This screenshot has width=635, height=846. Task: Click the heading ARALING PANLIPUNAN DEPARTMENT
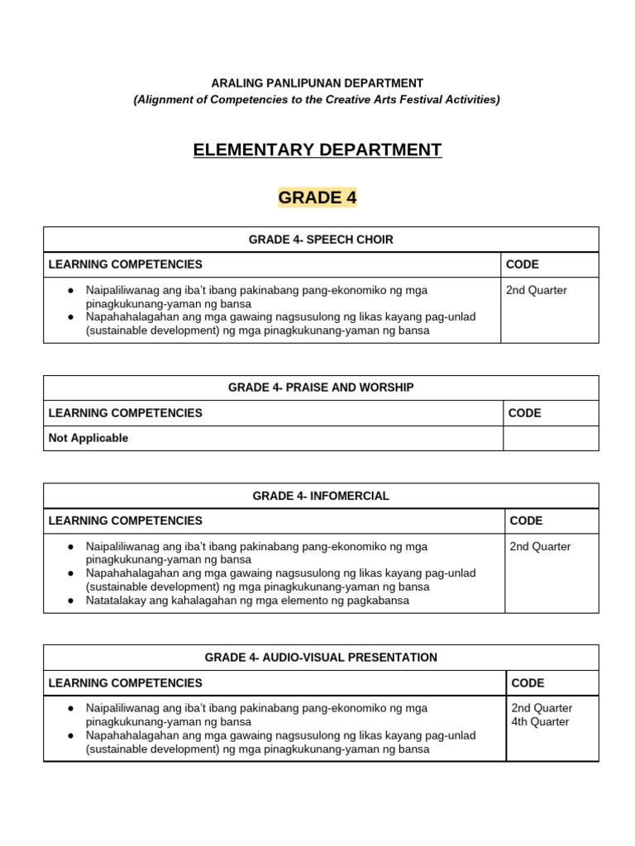point(317,83)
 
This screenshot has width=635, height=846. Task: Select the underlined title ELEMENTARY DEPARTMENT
point(317,150)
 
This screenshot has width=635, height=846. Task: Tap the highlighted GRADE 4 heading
point(317,197)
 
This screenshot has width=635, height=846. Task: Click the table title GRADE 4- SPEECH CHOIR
point(321,240)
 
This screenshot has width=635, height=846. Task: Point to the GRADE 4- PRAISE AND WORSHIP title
point(321,387)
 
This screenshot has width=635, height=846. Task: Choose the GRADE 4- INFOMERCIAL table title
point(321,496)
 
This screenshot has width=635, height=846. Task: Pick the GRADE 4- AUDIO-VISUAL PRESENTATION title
point(321,658)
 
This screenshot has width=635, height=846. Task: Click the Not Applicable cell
point(88,438)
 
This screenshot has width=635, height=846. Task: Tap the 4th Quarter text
point(540,721)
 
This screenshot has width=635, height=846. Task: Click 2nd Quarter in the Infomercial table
point(540,546)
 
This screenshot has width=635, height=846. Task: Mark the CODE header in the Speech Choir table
point(522,264)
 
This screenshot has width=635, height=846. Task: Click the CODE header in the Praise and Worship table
point(524,413)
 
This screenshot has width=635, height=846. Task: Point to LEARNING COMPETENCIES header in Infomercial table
point(126,520)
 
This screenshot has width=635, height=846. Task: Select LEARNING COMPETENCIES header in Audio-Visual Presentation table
point(126,682)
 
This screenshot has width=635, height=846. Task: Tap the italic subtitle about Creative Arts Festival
point(317,99)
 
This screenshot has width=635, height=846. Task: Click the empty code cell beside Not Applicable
point(551,438)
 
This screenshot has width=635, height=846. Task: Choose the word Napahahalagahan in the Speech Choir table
point(127,317)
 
